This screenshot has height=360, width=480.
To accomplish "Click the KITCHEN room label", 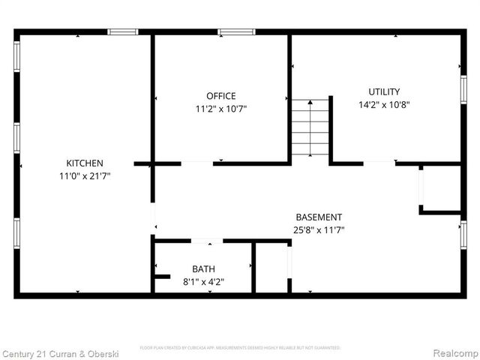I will pyautogui.click(x=85, y=163).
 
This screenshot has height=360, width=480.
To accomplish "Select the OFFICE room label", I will pyautogui.click(x=221, y=96).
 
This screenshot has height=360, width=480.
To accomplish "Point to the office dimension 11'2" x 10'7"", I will pyautogui.click(x=221, y=108).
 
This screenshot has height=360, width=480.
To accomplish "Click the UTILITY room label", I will pyautogui.click(x=384, y=92).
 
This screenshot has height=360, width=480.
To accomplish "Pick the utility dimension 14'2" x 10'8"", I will pyautogui.click(x=384, y=105).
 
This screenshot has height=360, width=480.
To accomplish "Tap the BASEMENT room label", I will pyautogui.click(x=319, y=217).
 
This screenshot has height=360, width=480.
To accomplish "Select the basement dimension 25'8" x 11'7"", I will pyautogui.click(x=319, y=230).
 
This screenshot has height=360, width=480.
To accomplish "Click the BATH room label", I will pyautogui.click(x=203, y=269).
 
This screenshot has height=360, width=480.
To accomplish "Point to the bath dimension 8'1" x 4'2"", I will pyautogui.click(x=203, y=282).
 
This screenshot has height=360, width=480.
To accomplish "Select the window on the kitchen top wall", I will pyautogui.click(x=122, y=32).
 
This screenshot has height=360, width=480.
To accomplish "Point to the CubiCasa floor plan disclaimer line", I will pyautogui.click(x=240, y=348).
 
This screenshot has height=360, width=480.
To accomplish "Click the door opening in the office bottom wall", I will pyautogui.click(x=197, y=163).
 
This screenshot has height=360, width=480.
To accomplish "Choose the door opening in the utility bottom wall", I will pyautogui.click(x=379, y=163).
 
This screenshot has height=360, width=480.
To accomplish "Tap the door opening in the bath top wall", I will pyautogui.click(x=207, y=241).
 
